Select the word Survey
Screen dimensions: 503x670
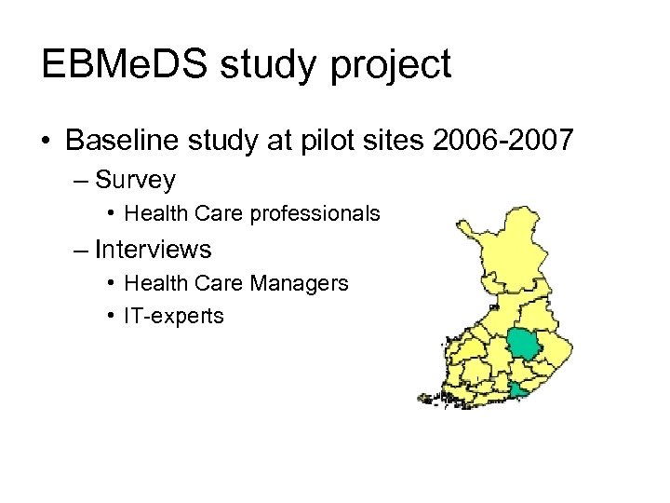[x=135, y=179]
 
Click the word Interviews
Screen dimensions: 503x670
[x=153, y=250]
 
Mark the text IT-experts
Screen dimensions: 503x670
[x=174, y=317]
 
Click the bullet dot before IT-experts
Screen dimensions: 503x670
[x=111, y=317]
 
